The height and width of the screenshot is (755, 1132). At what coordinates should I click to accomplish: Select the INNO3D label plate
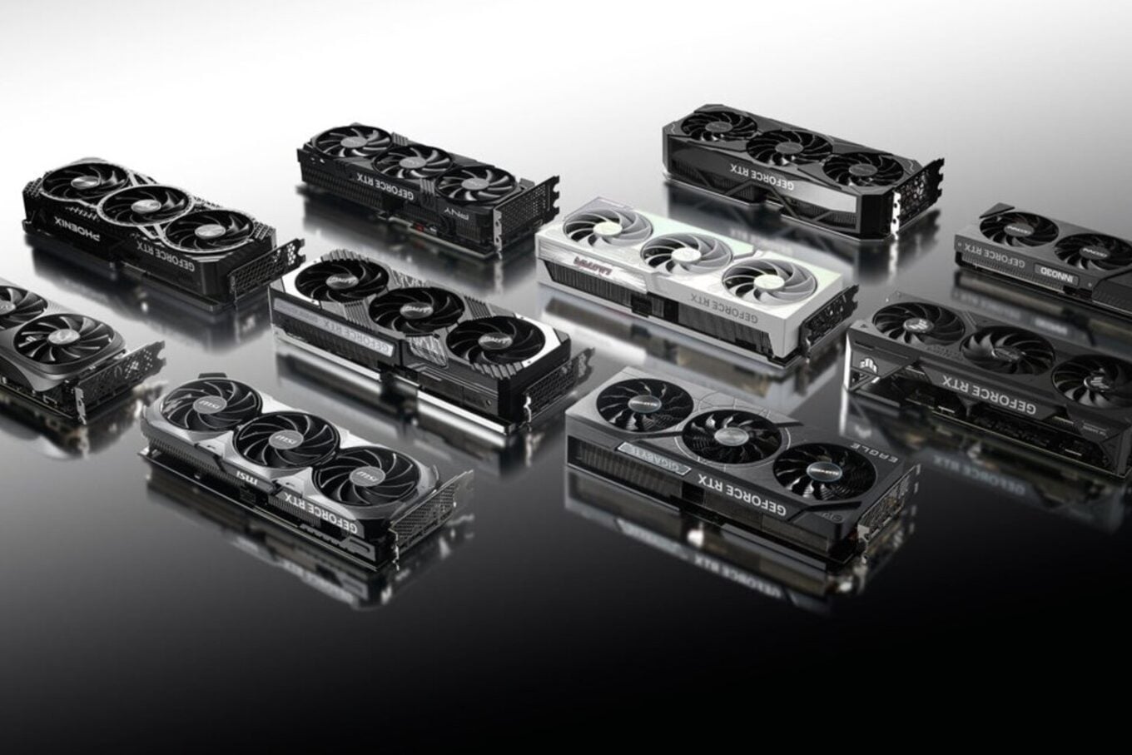click(x=1056, y=271)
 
